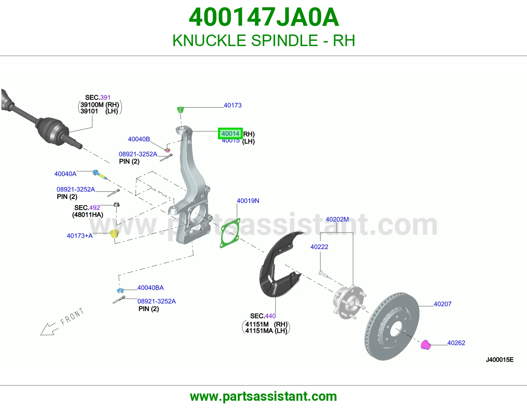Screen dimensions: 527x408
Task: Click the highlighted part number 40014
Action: coord(230,134)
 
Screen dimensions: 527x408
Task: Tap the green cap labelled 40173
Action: coord(180,110)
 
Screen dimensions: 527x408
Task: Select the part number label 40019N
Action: coord(248,201)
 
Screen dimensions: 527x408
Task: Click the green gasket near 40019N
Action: coord(230,233)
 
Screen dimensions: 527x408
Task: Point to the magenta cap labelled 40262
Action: coord(425,344)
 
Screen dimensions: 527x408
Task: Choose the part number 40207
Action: coord(442,304)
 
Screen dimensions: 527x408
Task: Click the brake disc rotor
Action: coord(392,326)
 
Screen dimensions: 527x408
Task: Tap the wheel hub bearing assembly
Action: coord(349,302)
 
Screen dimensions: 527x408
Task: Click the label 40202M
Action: coord(337,219)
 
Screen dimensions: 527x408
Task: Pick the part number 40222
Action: coord(319,247)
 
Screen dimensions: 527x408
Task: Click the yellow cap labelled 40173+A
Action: coord(114,234)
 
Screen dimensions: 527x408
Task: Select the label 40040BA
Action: coord(151,288)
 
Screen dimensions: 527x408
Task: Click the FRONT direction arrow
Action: coord(49,329)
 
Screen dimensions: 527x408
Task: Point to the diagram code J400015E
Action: coord(500,360)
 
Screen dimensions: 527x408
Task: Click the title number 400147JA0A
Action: coord(263,17)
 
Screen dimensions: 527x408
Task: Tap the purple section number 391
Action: coord(105,97)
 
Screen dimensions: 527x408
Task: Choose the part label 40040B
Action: coord(139,139)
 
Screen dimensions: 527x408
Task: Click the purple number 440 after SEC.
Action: coord(270,316)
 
